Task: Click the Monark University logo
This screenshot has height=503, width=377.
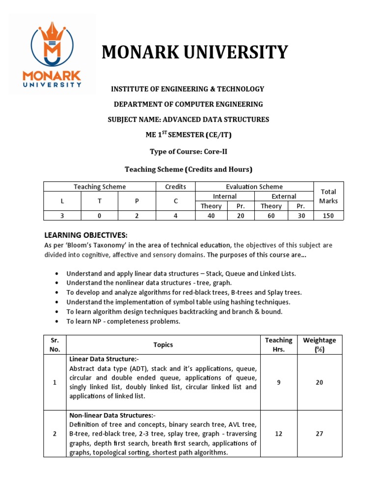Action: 52,54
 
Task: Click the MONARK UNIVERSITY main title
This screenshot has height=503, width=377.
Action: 194,52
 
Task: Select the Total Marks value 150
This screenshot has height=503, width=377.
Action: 328,215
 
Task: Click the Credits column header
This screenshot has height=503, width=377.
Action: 175,187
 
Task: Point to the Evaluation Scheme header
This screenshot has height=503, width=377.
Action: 254,187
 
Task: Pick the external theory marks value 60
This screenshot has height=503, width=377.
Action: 271,215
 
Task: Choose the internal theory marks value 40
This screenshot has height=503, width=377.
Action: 211,215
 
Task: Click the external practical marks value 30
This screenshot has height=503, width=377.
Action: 301,215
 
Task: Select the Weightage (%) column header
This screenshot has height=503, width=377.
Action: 320,344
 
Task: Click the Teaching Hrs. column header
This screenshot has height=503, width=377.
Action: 278,344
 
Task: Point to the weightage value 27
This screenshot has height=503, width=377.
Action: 320,434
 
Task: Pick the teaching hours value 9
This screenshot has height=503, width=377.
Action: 278,382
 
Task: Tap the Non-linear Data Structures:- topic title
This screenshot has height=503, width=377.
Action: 112,415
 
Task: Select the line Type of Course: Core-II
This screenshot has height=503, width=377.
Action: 188,152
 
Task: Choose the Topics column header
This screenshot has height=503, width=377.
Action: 163,345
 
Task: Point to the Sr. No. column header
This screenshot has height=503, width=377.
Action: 55,344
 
